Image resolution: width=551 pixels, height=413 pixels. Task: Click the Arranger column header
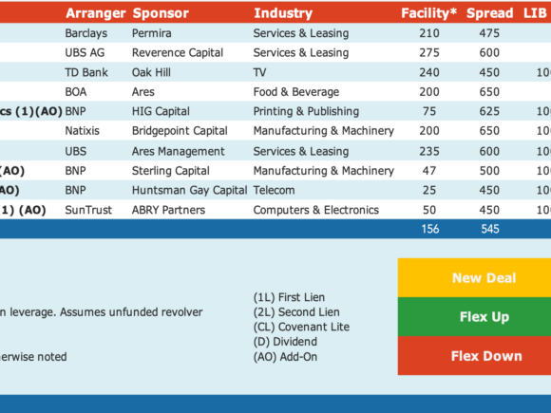(x=96, y=13)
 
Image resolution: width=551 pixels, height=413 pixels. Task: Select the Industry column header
(x=283, y=13)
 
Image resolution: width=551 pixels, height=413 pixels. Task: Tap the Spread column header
(x=489, y=13)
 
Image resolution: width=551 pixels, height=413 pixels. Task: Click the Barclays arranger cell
(x=86, y=33)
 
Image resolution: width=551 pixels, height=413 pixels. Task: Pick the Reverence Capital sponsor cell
(x=178, y=52)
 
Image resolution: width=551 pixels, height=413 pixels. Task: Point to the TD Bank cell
(x=86, y=72)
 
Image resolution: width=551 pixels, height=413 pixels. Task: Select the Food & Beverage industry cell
(x=296, y=92)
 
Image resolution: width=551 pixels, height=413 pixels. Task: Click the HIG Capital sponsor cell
(x=161, y=111)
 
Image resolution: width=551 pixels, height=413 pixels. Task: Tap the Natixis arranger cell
(x=83, y=131)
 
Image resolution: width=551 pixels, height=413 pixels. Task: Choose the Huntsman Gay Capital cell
(x=189, y=190)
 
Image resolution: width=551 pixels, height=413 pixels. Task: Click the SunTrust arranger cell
(x=88, y=210)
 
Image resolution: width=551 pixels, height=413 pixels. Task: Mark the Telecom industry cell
(x=275, y=190)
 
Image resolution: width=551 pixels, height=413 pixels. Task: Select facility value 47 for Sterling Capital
(x=429, y=171)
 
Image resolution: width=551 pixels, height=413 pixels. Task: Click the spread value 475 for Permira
(x=489, y=33)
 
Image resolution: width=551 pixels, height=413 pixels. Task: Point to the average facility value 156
(x=430, y=229)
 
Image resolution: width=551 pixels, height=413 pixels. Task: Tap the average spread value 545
(x=490, y=229)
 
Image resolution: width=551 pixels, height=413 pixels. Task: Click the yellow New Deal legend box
(x=474, y=278)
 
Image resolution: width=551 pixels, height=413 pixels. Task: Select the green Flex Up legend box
(x=474, y=317)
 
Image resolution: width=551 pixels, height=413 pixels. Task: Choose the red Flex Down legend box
(x=474, y=356)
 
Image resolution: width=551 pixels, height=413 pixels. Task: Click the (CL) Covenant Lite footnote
(x=301, y=327)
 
